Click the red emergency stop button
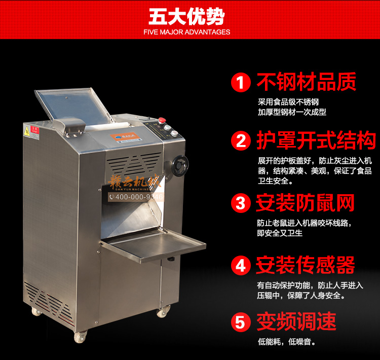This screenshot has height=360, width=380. [162, 121]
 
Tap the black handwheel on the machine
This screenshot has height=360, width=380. [180, 165]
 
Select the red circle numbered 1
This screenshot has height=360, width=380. [241, 82]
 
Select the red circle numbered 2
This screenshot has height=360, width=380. [241, 140]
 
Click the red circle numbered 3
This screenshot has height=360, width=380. [241, 203]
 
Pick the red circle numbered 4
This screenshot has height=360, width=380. [241, 265]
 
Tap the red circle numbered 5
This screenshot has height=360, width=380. [241, 322]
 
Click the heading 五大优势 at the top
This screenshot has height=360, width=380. [186, 17]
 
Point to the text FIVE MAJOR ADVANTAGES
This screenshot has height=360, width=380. [186, 32]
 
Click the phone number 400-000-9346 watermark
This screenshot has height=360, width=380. [136, 197]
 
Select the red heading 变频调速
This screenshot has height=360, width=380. [296, 321]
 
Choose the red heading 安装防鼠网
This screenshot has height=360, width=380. [305, 203]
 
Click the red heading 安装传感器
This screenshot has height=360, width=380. [306, 265]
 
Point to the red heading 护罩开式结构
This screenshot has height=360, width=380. [316, 140]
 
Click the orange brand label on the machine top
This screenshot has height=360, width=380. [126, 136]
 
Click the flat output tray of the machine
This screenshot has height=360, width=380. [154, 245]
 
